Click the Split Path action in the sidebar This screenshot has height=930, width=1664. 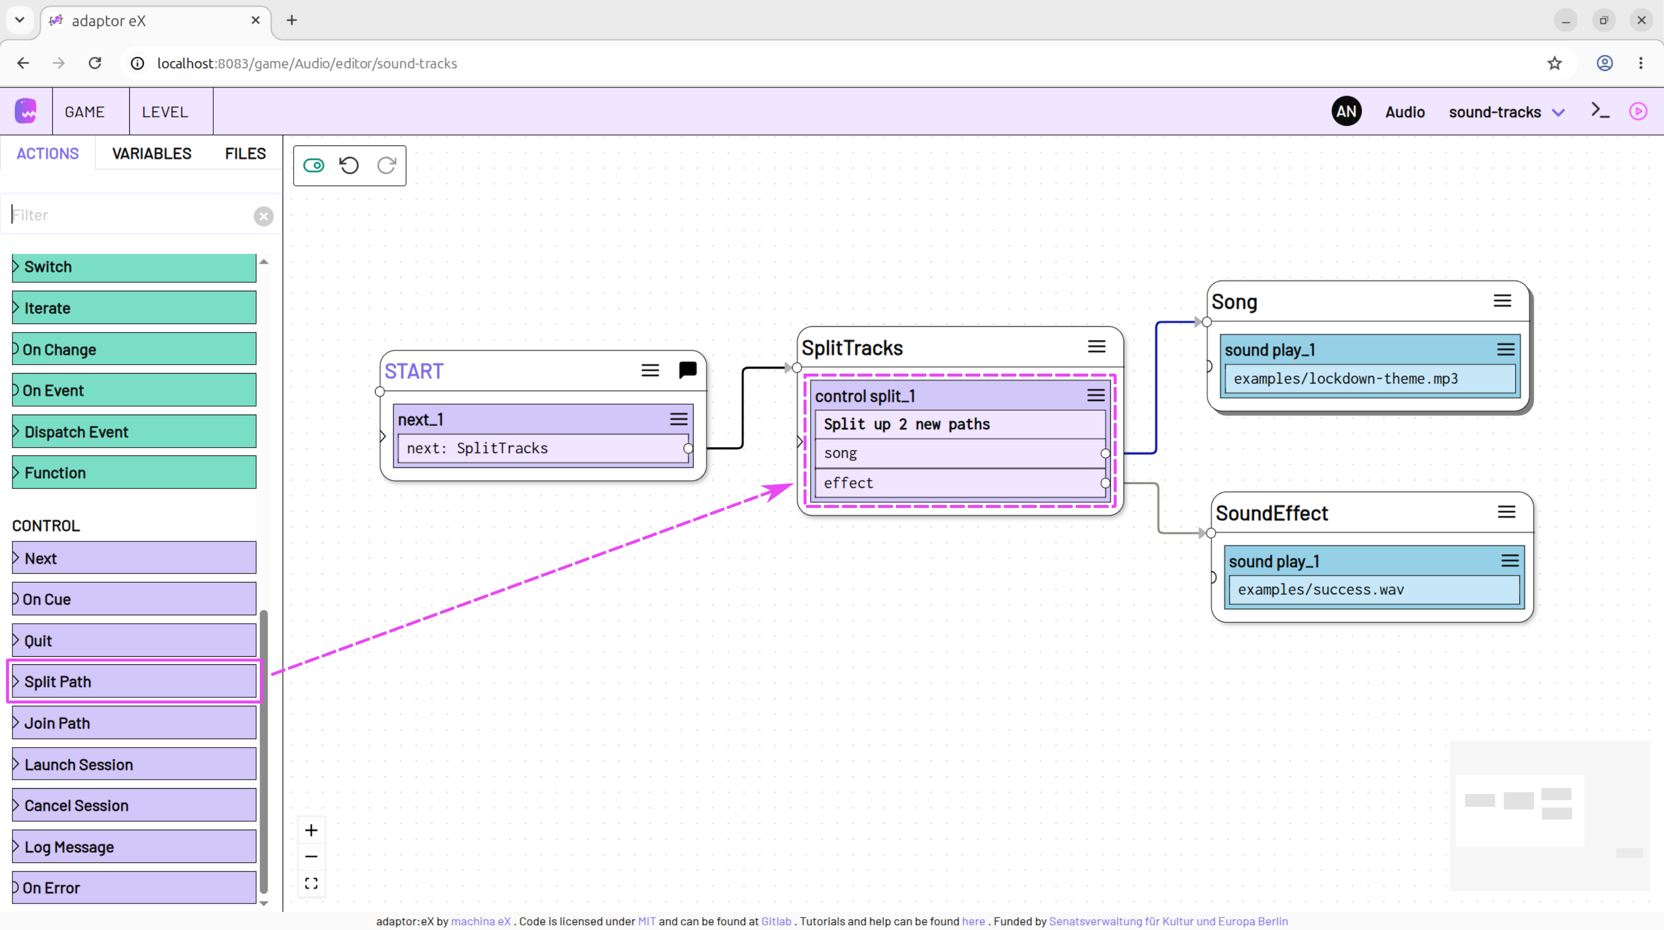click(x=134, y=681)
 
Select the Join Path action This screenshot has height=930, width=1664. click(x=134, y=723)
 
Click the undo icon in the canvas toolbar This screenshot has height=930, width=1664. click(x=350, y=166)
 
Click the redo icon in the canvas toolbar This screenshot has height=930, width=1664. click(x=387, y=166)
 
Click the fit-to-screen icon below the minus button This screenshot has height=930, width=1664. click(x=311, y=883)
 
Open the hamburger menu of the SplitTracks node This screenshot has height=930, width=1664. click(x=1097, y=347)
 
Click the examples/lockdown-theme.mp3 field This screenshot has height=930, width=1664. click(x=1370, y=379)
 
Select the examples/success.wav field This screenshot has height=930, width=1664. click(x=1374, y=590)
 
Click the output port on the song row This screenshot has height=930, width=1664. click(x=1105, y=454)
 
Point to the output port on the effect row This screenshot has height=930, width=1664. click(x=1105, y=483)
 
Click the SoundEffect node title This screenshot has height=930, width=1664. click(x=1271, y=513)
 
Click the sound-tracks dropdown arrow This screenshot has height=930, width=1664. click(x=1559, y=112)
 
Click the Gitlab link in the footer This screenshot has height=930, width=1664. click(x=776, y=922)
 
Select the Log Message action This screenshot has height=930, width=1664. click(x=134, y=847)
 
